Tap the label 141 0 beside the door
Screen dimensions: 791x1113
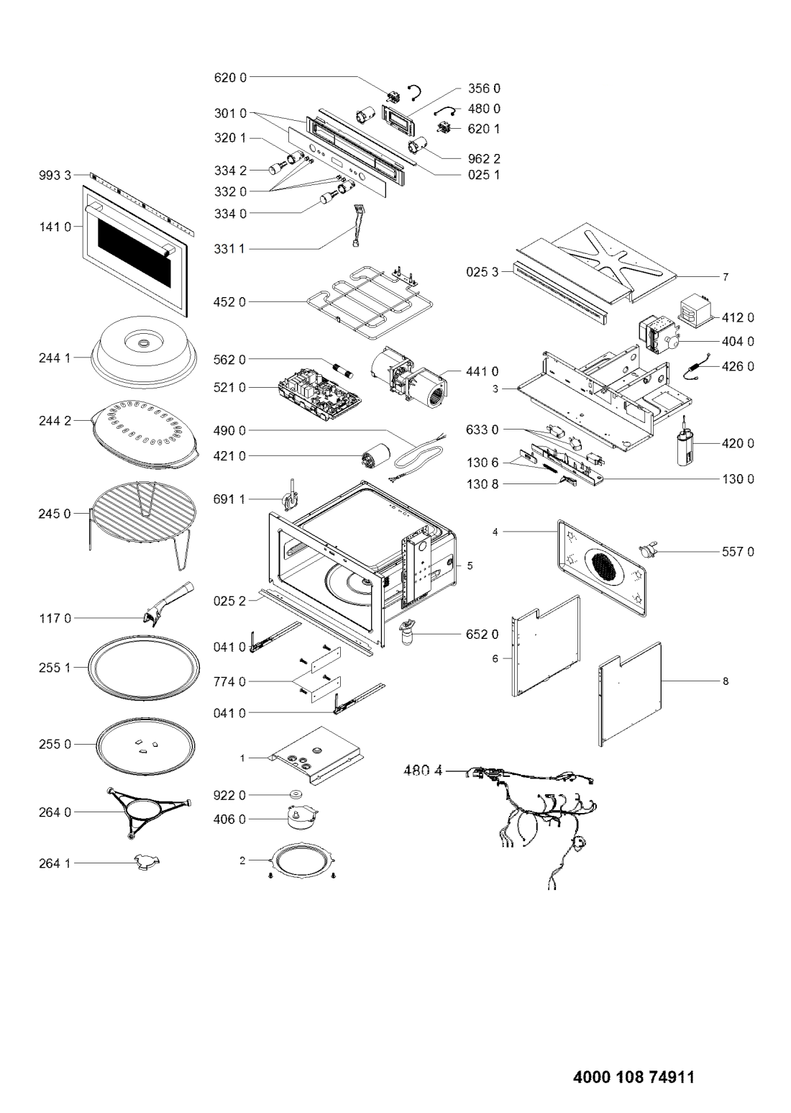tap(55, 227)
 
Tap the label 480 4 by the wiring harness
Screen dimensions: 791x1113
tap(422, 771)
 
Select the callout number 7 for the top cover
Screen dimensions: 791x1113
tap(726, 277)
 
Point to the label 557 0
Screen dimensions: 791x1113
tap(737, 552)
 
